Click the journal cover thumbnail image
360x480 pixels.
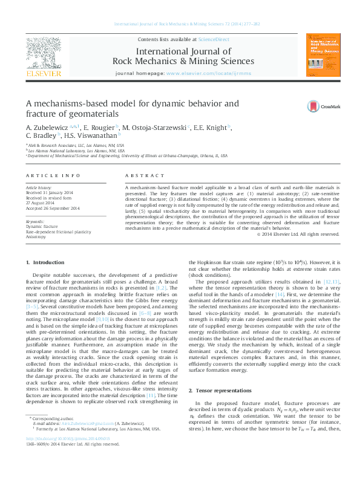(x=321, y=55)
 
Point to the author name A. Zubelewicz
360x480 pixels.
(x=47, y=128)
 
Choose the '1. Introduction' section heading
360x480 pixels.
(x=48, y=262)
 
